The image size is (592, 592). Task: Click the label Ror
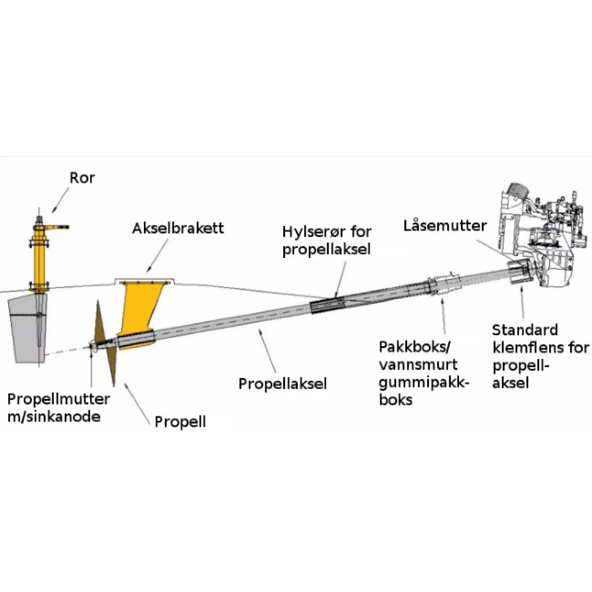click(82, 177)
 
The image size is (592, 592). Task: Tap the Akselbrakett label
click(178, 228)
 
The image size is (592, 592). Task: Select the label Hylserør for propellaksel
click(327, 240)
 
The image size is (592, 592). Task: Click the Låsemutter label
click(446, 225)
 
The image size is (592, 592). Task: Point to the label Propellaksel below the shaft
click(283, 383)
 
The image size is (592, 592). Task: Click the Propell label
click(180, 421)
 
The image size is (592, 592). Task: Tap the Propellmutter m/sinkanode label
click(58, 408)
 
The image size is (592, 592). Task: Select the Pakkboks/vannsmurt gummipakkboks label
click(424, 373)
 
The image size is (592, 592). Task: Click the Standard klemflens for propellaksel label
click(540, 356)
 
